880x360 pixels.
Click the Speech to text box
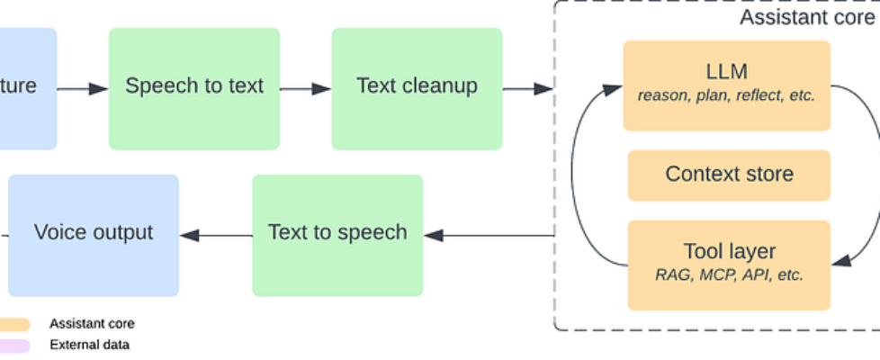[x=194, y=87]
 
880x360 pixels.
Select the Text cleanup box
[x=417, y=87]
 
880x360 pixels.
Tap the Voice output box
[x=94, y=234]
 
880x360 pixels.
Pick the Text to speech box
[x=337, y=234]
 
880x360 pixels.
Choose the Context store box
[x=729, y=175]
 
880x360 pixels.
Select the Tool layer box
[x=729, y=264]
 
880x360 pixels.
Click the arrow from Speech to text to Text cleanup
[x=306, y=88]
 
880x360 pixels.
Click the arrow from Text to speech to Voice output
[x=216, y=236]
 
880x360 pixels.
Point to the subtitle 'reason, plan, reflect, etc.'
[x=726, y=96]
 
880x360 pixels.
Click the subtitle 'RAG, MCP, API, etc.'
[x=729, y=275]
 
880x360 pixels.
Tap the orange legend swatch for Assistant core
[x=14, y=324]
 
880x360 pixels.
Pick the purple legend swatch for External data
[x=14, y=345]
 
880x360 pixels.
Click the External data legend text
[x=89, y=345]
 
